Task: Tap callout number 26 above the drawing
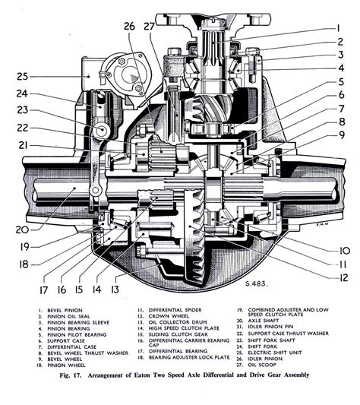tap(130, 27)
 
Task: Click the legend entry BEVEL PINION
tap(58, 311)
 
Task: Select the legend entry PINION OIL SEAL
tap(62, 319)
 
